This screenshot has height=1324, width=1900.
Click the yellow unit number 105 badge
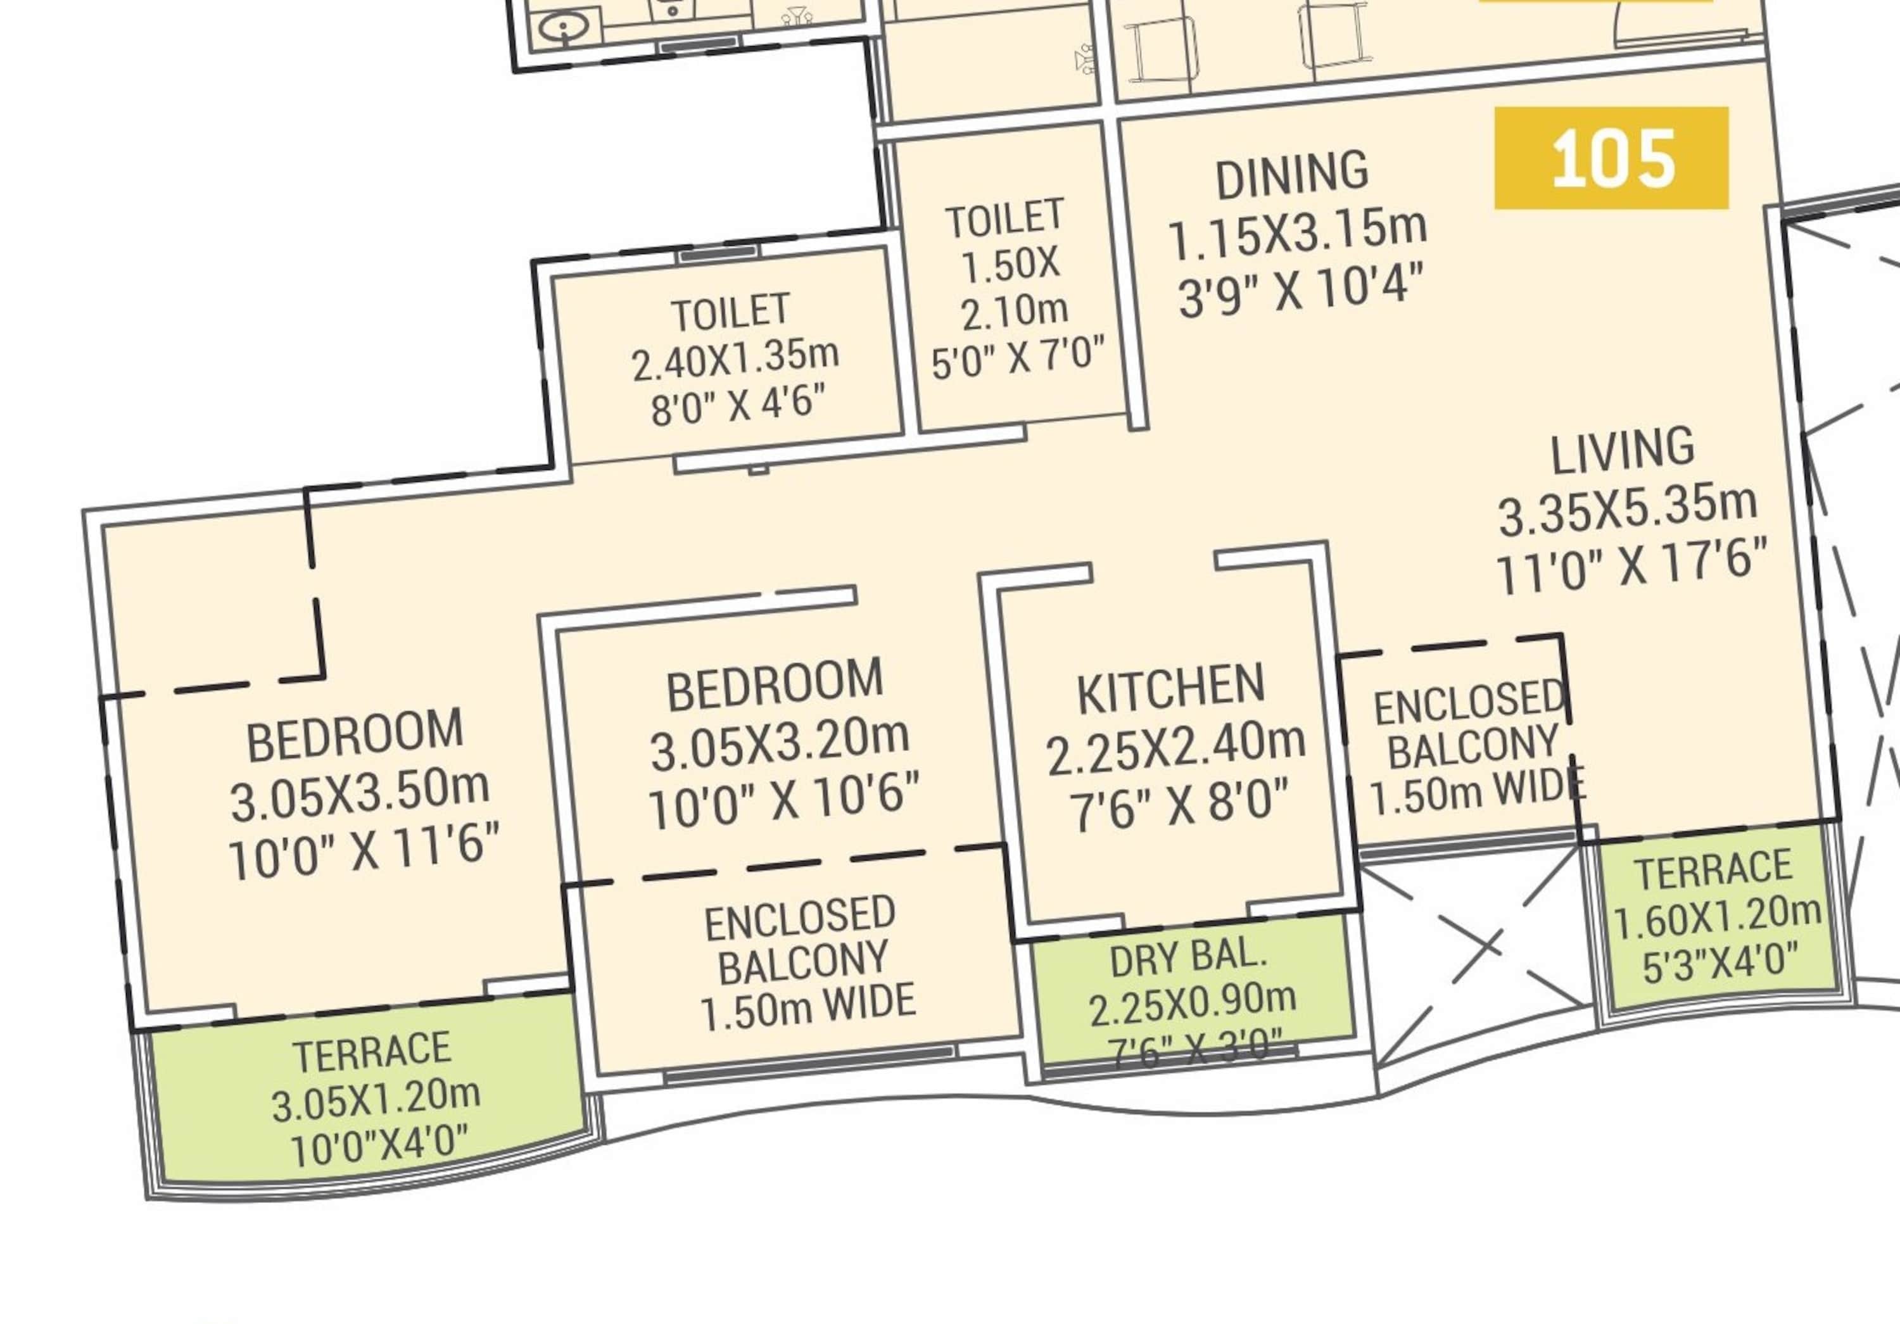tap(1611, 158)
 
